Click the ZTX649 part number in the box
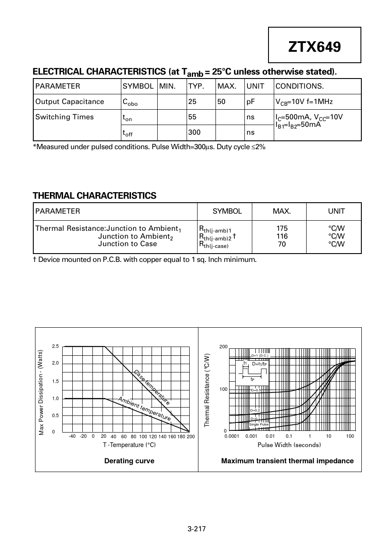pyautogui.click(x=314, y=46)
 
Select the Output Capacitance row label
pyautogui.click(x=70, y=102)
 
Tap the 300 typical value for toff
pyautogui.click(x=194, y=132)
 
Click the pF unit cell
pyautogui.click(x=251, y=102)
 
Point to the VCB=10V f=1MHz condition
pyautogui.click(x=304, y=102)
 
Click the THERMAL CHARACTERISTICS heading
pyautogui.click(x=95, y=196)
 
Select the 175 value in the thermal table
pyautogui.click(x=282, y=228)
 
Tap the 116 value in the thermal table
pyautogui.click(x=282, y=236)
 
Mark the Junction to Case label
pyautogui.click(x=127, y=244)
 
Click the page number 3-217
pyautogui.click(x=196, y=529)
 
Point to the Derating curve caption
pyautogui.click(x=129, y=461)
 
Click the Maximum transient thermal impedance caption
pyautogui.click(x=287, y=461)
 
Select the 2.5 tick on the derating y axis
pyautogui.click(x=55, y=347)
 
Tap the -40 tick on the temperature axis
pyautogui.click(x=72, y=437)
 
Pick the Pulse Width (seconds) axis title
pyautogui.click(x=289, y=445)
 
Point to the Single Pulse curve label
pyautogui.click(x=259, y=425)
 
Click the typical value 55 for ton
pyautogui.click(x=192, y=117)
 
